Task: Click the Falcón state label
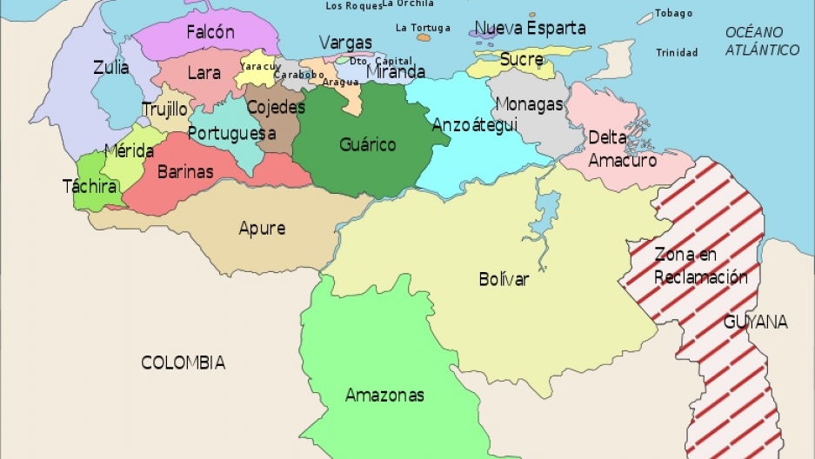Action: click(x=210, y=32)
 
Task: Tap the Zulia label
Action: click(x=111, y=68)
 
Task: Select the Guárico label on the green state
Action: click(x=367, y=144)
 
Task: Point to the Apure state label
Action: click(x=262, y=229)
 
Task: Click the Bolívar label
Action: click(x=504, y=279)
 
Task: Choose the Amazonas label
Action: click(x=384, y=395)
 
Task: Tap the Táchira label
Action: click(x=90, y=186)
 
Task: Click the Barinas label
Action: click(x=185, y=172)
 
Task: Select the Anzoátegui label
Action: click(x=475, y=124)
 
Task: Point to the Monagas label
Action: click(x=529, y=104)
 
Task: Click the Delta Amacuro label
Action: click(x=622, y=149)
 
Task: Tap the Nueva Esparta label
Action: click(x=531, y=28)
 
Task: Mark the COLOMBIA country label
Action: click(x=183, y=363)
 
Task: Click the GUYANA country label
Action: click(x=755, y=322)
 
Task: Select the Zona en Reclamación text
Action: click(x=700, y=266)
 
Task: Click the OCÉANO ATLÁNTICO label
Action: click(x=762, y=41)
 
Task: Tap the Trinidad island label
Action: click(x=677, y=53)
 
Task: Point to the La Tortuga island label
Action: click(x=423, y=28)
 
